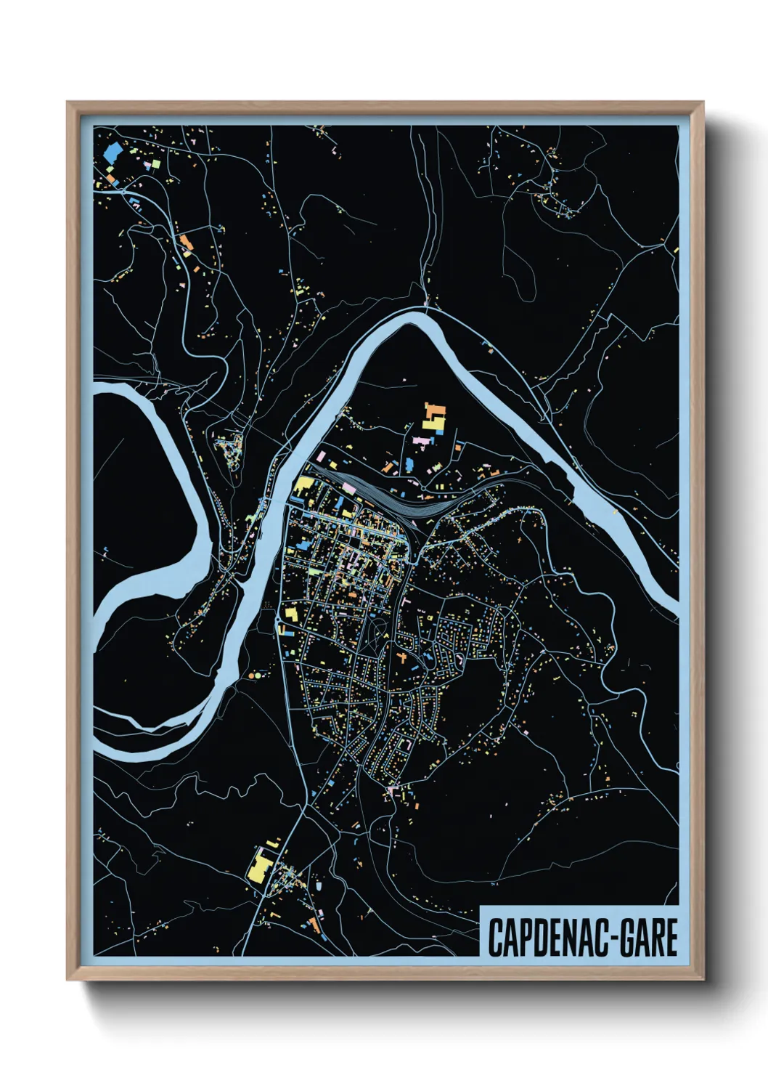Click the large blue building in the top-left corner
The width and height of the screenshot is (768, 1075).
[x=113, y=153]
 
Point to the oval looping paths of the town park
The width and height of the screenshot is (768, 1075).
[x=375, y=630]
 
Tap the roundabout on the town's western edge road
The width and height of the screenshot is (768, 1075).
[x=278, y=626]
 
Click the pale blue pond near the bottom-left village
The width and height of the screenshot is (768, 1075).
[x=318, y=886]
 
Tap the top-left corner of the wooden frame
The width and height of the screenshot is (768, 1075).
[x=68, y=103]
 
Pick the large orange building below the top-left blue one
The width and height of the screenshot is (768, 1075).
[x=186, y=242]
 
